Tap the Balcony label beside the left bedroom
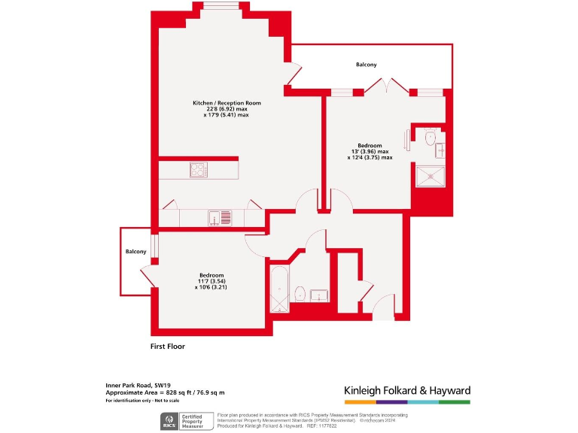(x=135, y=252)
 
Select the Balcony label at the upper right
(x=367, y=65)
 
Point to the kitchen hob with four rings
(x=199, y=170)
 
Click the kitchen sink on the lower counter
(x=214, y=218)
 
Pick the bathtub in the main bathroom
(x=278, y=289)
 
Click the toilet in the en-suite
(x=430, y=138)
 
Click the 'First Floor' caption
(x=167, y=347)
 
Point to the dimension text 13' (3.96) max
(x=370, y=152)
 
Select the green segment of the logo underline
(x=455, y=402)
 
